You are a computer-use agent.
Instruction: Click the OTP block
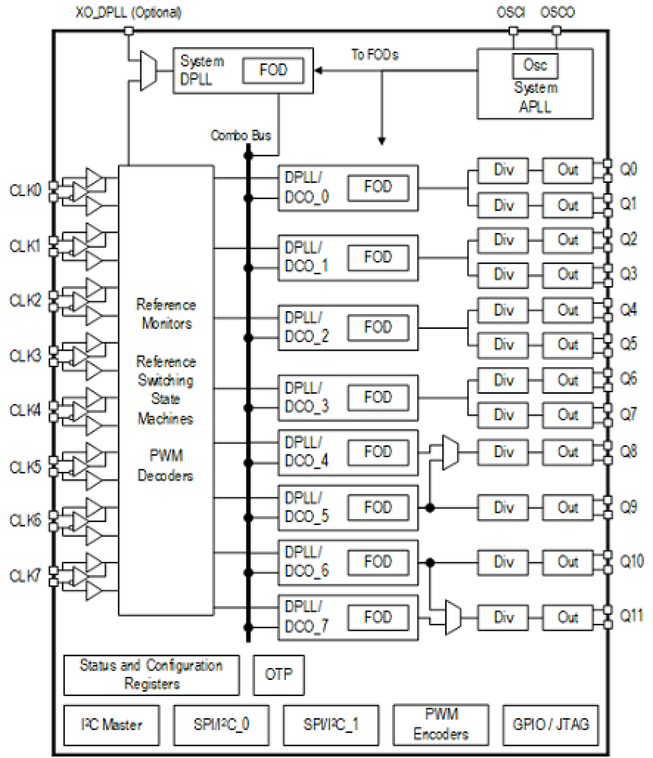pos(279,675)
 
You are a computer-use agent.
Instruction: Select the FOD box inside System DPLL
pos(273,70)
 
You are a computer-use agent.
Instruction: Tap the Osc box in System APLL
pos(534,66)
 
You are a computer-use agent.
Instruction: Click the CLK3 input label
pos(25,356)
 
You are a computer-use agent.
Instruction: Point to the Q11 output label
pos(631,616)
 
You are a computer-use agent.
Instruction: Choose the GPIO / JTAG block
pos(551,725)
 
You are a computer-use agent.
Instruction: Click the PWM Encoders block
pos(441,724)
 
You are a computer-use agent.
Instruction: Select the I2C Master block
pos(111,725)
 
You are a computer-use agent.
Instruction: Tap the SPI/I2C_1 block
pos(331,725)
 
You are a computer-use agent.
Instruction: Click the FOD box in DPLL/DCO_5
pos(377,507)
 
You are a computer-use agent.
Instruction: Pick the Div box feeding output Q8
pos(503,452)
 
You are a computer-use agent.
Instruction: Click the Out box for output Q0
pos(567,170)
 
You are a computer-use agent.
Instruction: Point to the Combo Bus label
pos(241,136)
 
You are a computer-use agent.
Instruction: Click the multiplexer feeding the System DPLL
pos(148,71)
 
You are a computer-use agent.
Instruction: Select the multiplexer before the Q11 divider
pos(453,618)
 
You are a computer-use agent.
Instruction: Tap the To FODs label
pos(374,55)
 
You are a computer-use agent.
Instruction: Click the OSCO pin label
pos(557,12)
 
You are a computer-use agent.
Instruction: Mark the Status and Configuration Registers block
pos(151,675)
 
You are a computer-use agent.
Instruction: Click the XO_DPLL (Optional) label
pos(128,12)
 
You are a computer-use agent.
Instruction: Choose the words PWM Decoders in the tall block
pos(165,466)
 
